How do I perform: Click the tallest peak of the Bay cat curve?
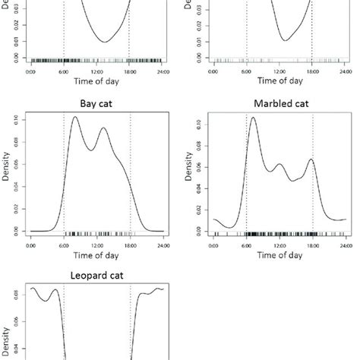[x=74, y=117]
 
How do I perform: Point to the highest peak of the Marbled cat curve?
[x=253, y=118]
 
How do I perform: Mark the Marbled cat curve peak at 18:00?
[x=311, y=159]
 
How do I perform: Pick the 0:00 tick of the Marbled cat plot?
[x=213, y=246]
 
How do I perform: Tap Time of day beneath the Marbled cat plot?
[x=279, y=256]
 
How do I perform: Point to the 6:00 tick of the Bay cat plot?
[x=64, y=246]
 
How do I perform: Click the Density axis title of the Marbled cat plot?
[x=190, y=173]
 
